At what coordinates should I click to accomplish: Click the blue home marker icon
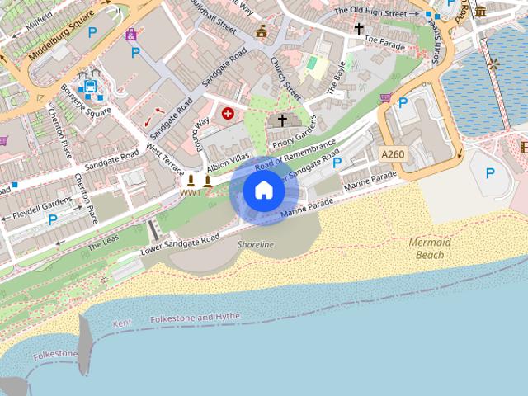[x=263, y=191]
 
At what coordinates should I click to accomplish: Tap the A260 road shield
[x=393, y=154]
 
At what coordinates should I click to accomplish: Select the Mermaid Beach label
[x=429, y=248]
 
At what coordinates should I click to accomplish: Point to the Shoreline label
[x=255, y=245]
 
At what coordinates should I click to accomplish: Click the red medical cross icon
[x=228, y=113]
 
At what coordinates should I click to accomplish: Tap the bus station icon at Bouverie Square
[x=87, y=84]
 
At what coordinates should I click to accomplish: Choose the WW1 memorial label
[x=190, y=192]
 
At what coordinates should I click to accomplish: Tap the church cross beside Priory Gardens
[x=282, y=120]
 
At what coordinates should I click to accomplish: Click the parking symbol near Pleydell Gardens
[x=54, y=219]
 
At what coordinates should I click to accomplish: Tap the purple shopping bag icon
[x=131, y=35]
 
